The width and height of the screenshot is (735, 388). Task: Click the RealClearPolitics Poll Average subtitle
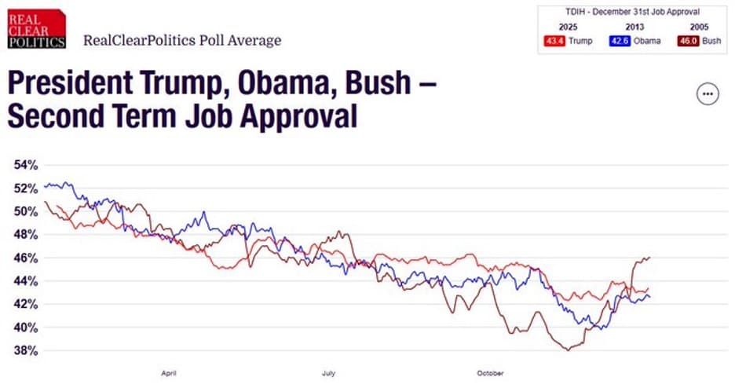click(x=181, y=40)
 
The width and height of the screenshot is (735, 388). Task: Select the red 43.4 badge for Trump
click(x=556, y=41)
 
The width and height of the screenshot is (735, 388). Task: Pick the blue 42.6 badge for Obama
click(x=620, y=41)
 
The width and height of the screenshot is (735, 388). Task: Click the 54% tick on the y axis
click(x=25, y=166)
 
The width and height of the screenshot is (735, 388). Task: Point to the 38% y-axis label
click(x=25, y=350)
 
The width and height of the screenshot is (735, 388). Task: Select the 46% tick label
click(x=25, y=258)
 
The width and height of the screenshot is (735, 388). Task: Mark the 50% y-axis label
click(x=25, y=212)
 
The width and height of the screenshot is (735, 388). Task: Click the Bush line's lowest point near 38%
click(x=567, y=350)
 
